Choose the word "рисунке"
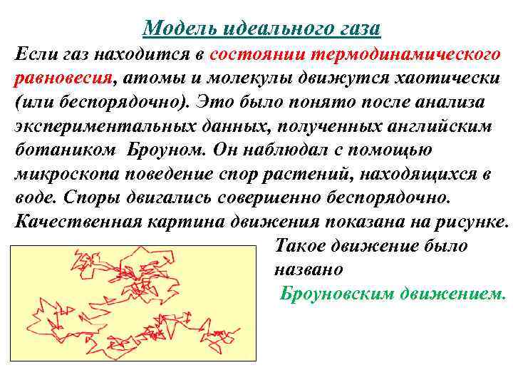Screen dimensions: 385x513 [x=473, y=221]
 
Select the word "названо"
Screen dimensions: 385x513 [x=308, y=269]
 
